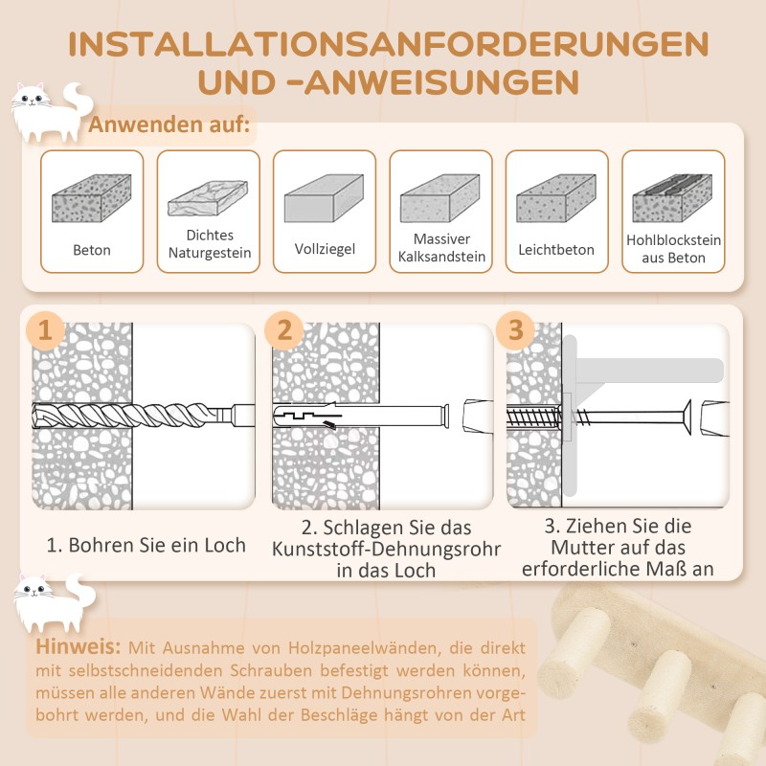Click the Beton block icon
click(91, 202)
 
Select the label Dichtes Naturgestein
click(209, 243)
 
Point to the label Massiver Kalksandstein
click(440, 247)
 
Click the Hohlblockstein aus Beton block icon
click(673, 198)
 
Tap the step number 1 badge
click(45, 331)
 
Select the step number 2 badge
click(284, 331)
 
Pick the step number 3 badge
click(516, 331)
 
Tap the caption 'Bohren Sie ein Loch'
click(146, 545)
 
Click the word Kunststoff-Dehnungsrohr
click(386, 549)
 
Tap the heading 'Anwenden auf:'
click(169, 124)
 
